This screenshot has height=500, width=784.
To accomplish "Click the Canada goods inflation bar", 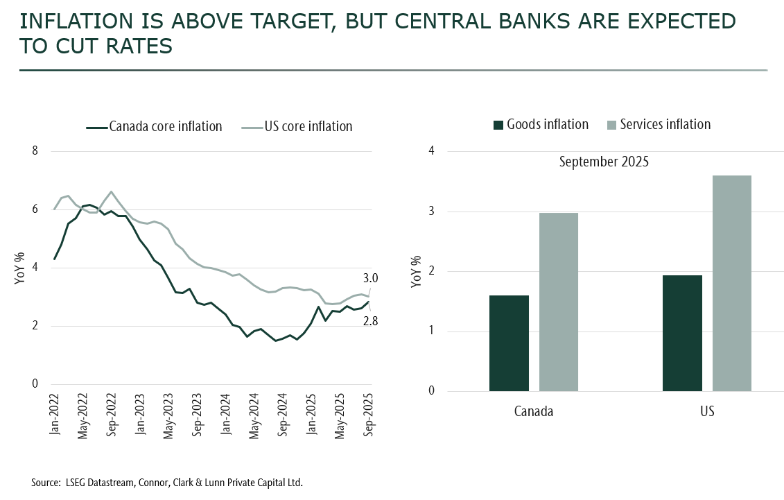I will (x=509, y=343).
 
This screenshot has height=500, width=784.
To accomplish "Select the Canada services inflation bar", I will (x=558, y=302).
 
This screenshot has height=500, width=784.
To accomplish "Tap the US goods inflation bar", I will (x=682, y=333).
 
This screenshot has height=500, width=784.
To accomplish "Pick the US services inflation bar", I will (x=731, y=283).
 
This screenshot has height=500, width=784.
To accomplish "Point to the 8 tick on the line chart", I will (x=35, y=151).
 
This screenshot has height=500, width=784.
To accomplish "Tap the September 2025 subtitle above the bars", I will (x=603, y=163).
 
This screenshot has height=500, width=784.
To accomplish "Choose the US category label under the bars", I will (x=707, y=411).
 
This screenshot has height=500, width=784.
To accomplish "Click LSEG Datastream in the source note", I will (x=97, y=482).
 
